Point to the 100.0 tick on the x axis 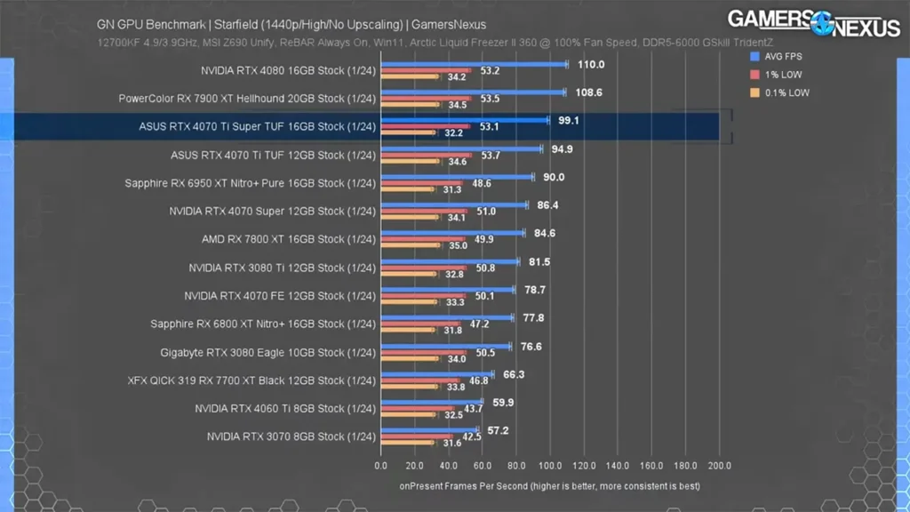tap(550, 465)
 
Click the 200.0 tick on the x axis tap(718, 465)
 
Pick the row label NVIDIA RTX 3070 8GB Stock tap(291, 436)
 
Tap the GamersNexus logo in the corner tap(813, 22)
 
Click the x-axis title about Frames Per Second tap(549, 486)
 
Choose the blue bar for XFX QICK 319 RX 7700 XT tap(435, 374)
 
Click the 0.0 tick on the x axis tap(381, 465)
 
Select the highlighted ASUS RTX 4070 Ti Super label tap(258, 126)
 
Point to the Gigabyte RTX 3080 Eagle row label tap(268, 352)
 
